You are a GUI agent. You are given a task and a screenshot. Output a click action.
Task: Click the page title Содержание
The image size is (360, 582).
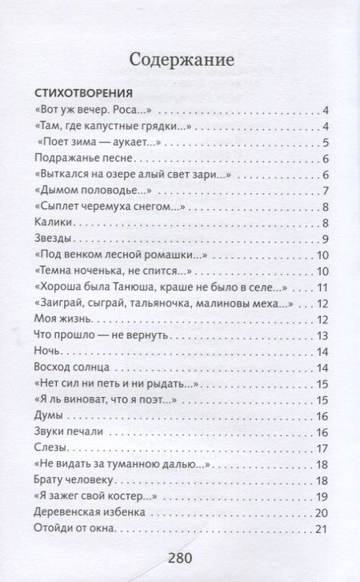180,58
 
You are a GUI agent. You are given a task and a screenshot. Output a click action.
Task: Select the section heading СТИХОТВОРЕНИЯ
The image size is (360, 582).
83,93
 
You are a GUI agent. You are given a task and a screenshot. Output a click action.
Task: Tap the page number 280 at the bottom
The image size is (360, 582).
180,558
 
